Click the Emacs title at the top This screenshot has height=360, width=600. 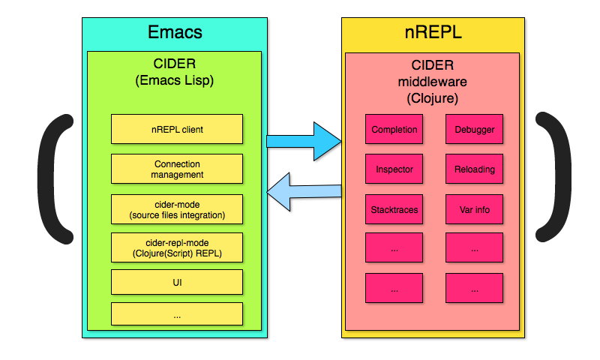(x=175, y=33)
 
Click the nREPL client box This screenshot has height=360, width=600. (x=177, y=129)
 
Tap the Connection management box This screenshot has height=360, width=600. (x=177, y=169)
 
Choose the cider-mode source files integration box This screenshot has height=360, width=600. (x=177, y=209)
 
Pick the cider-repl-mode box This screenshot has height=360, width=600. (x=177, y=248)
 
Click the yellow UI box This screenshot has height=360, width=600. (x=177, y=283)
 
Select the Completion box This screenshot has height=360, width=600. (x=394, y=129)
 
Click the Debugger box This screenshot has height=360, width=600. (x=474, y=129)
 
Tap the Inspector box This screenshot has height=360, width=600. (x=394, y=169)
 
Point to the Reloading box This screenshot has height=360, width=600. (x=474, y=169)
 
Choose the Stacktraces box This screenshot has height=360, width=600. (x=394, y=209)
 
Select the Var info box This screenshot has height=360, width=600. (x=474, y=209)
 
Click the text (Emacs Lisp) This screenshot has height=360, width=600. (x=175, y=80)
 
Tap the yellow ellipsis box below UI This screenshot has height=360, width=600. (x=177, y=314)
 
